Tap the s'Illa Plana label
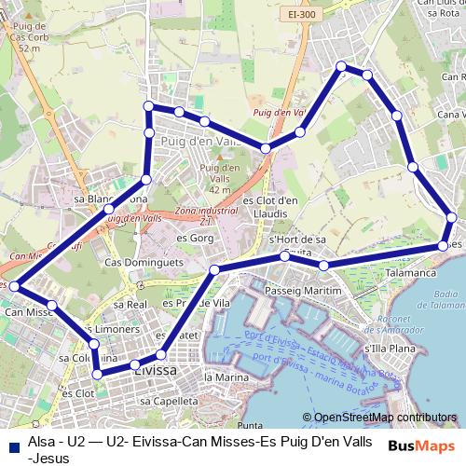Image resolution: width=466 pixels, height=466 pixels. [389, 349]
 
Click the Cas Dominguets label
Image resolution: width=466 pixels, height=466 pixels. [142, 263]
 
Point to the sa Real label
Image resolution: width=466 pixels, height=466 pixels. [130, 304]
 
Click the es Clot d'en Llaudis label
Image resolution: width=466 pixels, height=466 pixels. [269, 206]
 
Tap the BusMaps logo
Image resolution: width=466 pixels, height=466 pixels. [421, 445]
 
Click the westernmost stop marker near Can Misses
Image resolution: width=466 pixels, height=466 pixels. [14, 287]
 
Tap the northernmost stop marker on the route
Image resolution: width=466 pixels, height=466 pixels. [342, 66]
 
